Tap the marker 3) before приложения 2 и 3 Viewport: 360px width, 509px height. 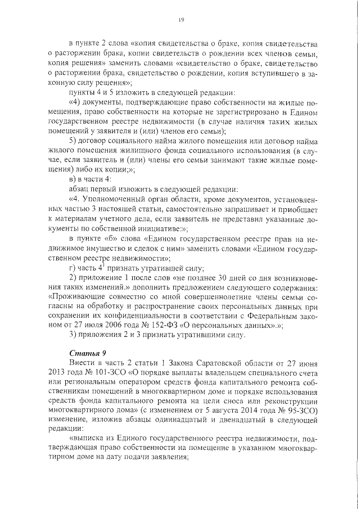(x=72, y=335)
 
